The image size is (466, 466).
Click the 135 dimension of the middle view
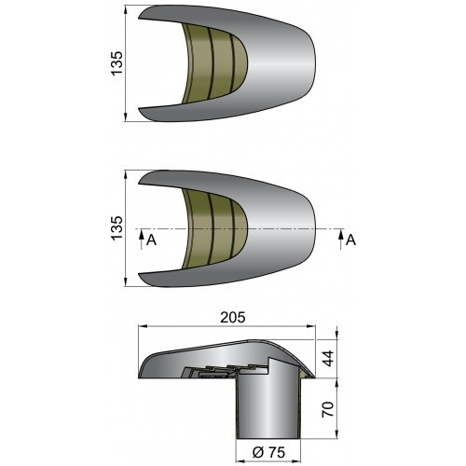116,227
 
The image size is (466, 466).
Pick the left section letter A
148,240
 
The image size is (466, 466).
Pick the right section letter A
351,240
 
